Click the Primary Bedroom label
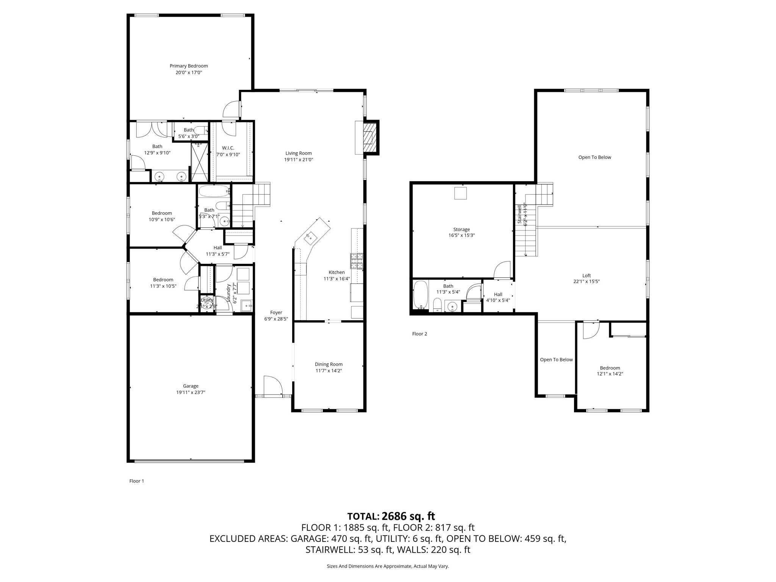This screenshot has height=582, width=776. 189,66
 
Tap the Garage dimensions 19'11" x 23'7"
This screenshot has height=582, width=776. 191,393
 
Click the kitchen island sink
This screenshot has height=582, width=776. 310,237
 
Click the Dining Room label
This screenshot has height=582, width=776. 329,364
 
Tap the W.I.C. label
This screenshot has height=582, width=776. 228,148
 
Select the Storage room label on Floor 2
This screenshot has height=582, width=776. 462,229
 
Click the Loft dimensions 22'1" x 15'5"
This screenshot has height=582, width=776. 586,282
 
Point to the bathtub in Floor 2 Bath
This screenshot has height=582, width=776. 420,295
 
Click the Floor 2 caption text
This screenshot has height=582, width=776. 419,334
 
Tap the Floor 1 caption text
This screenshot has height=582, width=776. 137,481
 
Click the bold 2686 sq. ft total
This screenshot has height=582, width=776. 408,516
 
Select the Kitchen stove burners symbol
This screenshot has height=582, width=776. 357,261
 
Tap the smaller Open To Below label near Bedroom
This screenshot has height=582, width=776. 556,360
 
